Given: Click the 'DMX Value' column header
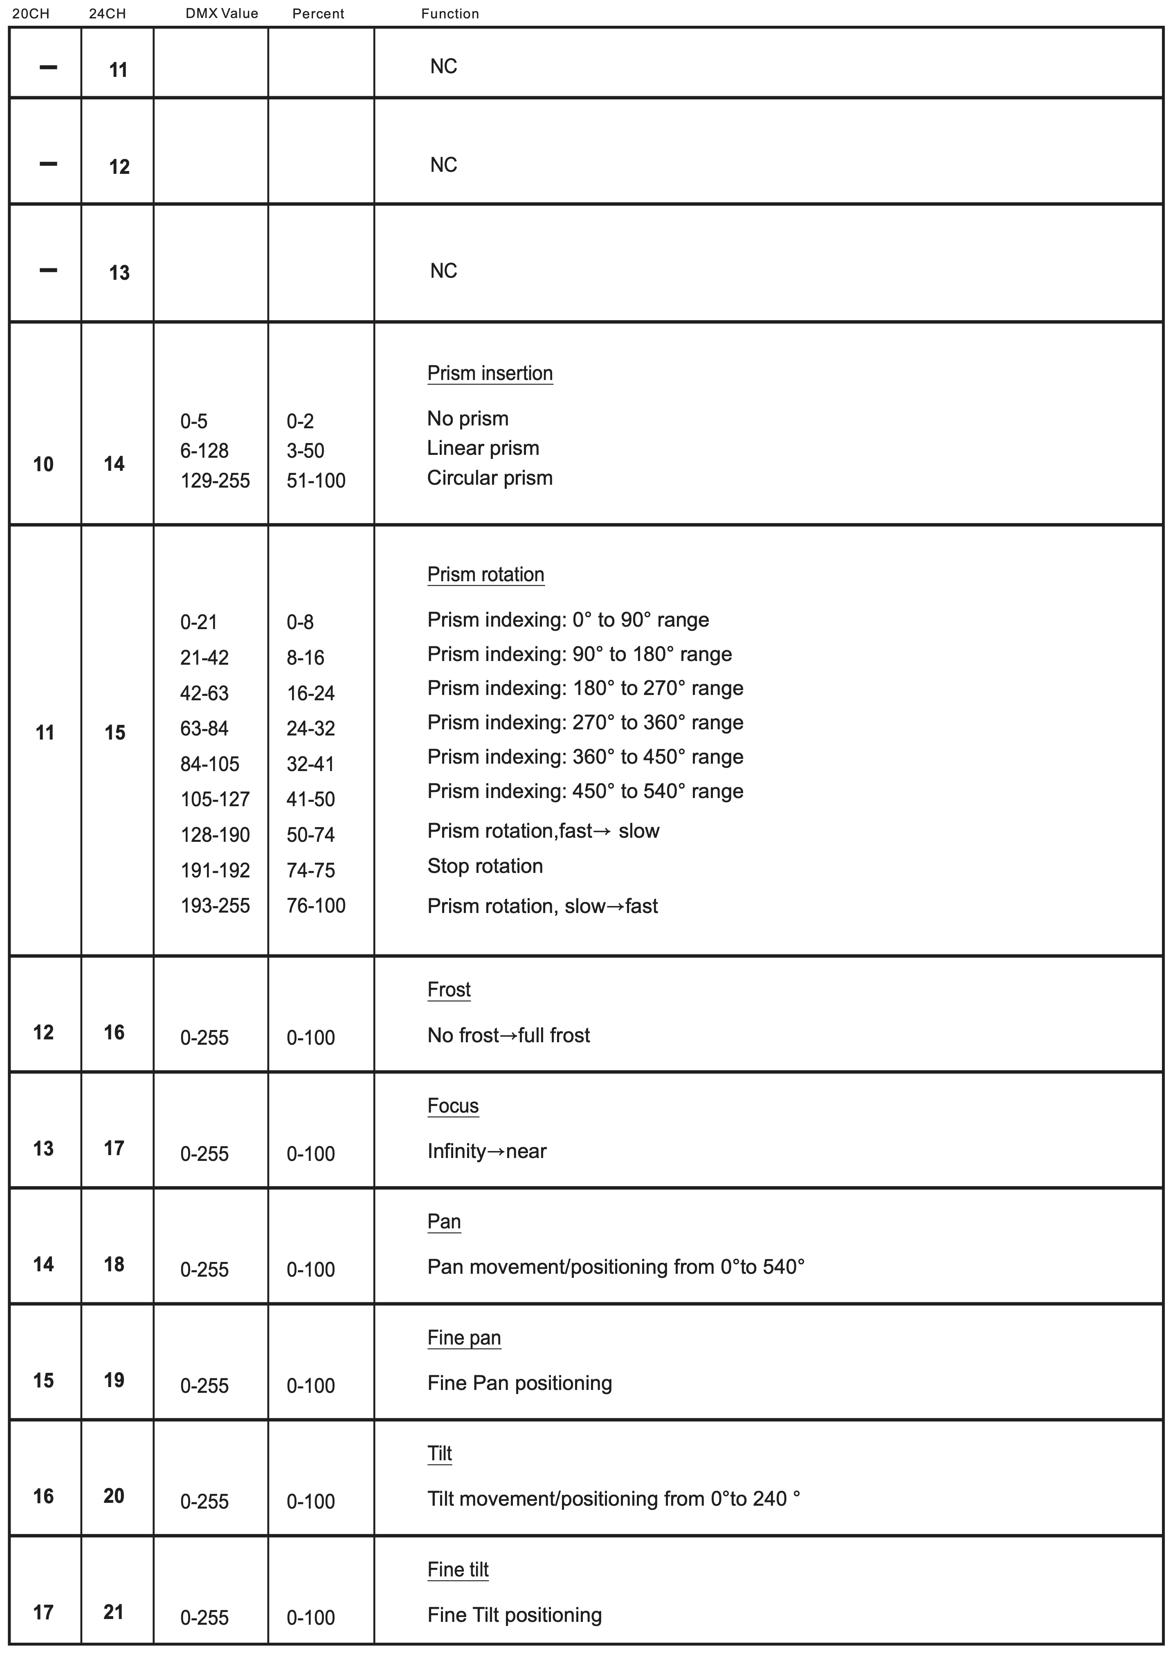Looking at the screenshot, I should tap(221, 13).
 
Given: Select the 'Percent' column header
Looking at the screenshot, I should tap(318, 13).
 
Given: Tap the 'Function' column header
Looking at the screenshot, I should tap(450, 13).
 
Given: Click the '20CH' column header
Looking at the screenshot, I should tap(31, 13).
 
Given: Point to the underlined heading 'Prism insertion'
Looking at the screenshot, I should tap(490, 373).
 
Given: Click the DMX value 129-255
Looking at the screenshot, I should tap(215, 480).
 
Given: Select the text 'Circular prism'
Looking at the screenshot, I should tap(490, 478).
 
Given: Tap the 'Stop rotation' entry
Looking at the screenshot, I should tap(485, 866).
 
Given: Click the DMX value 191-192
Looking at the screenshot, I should tap(215, 870).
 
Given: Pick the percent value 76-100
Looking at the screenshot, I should tap(316, 906).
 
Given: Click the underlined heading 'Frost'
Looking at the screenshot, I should tap(449, 990).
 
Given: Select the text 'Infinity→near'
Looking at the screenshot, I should tap(487, 1151).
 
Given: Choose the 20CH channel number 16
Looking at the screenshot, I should tap(43, 1496).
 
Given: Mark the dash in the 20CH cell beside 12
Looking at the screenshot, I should tap(47, 164).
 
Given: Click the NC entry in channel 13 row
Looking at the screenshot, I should tap(443, 271).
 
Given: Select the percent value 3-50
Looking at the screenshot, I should tap(305, 451).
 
